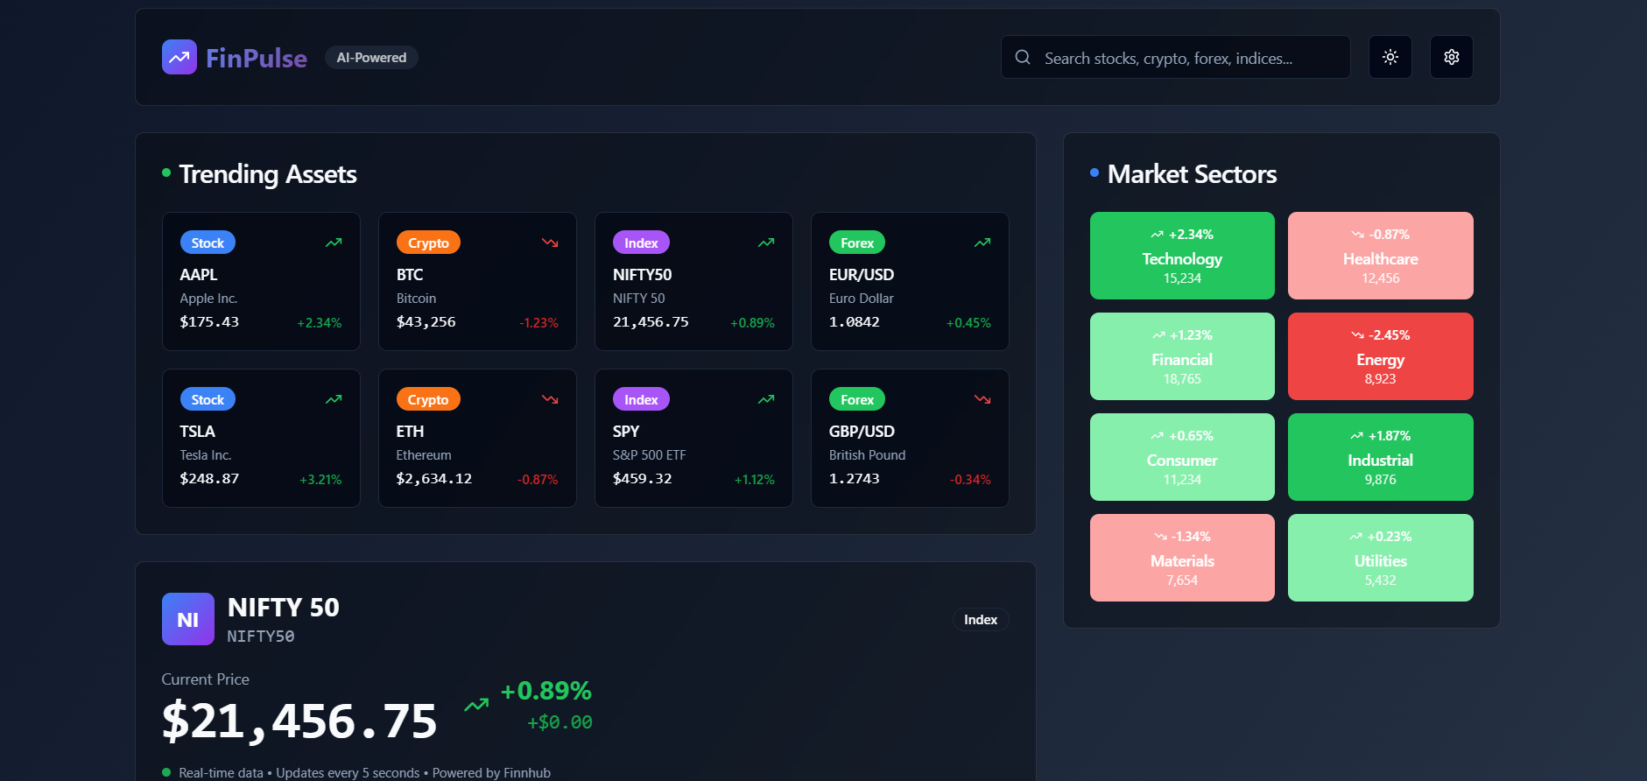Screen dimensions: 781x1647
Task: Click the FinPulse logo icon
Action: coord(179,58)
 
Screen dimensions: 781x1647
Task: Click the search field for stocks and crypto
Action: coord(1175,58)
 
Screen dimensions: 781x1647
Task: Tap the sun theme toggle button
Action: coord(1390,58)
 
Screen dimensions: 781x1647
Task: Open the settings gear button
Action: coord(1451,58)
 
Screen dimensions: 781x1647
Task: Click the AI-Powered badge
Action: coord(371,58)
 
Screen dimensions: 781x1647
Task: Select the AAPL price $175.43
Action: coord(209,322)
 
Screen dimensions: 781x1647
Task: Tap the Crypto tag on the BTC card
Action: coord(428,243)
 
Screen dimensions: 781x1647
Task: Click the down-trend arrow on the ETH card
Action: coord(550,399)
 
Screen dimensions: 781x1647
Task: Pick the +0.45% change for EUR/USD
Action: coord(968,323)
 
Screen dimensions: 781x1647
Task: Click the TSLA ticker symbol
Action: coord(197,432)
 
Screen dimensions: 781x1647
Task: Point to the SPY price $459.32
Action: coord(642,479)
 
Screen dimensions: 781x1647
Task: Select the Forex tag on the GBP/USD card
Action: coord(857,400)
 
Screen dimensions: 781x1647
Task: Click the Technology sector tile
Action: coord(1182,256)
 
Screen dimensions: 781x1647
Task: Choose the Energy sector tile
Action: coord(1380,356)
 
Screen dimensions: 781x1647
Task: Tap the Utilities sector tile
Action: coord(1380,558)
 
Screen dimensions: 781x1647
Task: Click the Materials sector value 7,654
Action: coord(1182,580)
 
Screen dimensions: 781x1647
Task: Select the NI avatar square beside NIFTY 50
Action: coord(188,619)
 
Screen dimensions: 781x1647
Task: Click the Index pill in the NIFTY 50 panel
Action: coord(981,620)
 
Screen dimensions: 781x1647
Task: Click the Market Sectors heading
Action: coord(1192,174)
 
